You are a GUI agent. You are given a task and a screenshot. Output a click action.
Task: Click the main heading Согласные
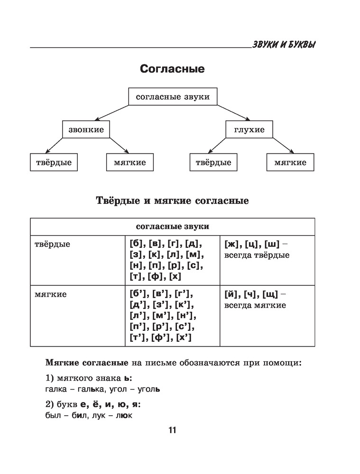coord(172,69)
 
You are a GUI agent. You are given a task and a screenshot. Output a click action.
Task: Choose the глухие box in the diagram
coord(249,129)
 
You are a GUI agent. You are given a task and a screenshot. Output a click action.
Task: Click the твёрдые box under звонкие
coord(54,163)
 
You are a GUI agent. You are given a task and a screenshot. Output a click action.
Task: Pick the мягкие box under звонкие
coord(130,163)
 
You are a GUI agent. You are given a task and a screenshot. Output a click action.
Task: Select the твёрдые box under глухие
coord(213,163)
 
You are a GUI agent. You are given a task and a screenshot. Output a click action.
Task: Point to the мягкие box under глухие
coord(290,163)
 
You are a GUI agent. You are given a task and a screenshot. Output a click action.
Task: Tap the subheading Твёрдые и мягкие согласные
coord(172,201)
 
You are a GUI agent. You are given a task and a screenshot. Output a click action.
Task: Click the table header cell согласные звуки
coord(172,226)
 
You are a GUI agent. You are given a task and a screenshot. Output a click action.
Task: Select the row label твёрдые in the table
coord(53,245)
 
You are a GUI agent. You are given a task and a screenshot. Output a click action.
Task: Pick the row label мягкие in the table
coord(51,294)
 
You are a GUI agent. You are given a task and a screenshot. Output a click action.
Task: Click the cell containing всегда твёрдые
coord(267,250)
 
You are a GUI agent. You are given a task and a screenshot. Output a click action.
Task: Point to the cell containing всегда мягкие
coord(267,300)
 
